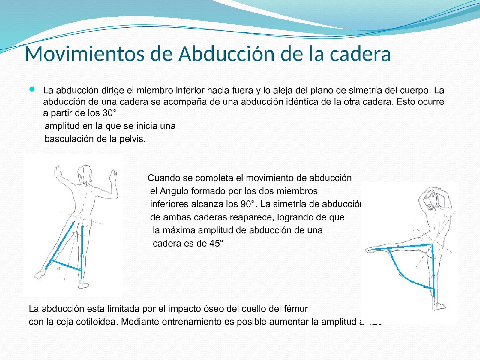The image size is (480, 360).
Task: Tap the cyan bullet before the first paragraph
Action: pos(32,89)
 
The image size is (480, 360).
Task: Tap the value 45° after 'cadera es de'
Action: pos(216,243)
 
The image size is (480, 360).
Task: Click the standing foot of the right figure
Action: pos(438,307)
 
